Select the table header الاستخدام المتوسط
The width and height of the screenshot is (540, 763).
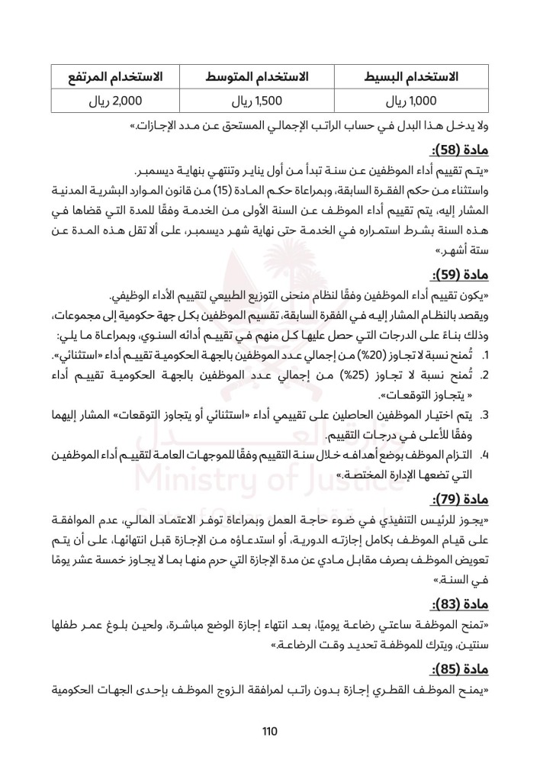point(258,77)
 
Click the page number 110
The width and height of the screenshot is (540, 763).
point(269,732)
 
